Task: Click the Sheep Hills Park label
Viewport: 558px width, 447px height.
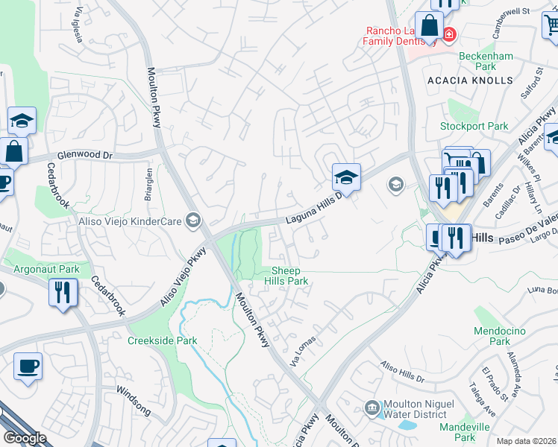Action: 289,276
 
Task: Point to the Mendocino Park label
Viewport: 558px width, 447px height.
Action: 500,336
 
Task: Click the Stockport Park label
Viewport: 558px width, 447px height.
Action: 474,127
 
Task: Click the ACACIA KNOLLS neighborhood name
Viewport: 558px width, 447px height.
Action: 470,80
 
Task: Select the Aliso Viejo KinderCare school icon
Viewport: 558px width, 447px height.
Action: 194,219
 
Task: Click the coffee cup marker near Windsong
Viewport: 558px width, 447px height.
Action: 28,366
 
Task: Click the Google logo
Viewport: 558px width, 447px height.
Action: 25,438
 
